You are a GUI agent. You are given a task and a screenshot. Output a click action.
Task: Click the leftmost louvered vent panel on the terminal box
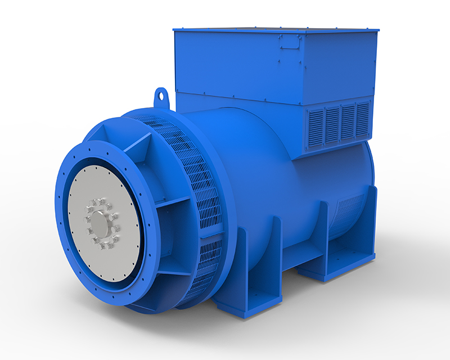click(316, 125)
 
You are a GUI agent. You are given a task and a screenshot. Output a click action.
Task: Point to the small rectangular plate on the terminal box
click(291, 41)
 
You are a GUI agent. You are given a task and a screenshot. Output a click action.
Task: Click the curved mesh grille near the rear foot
click(348, 214)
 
